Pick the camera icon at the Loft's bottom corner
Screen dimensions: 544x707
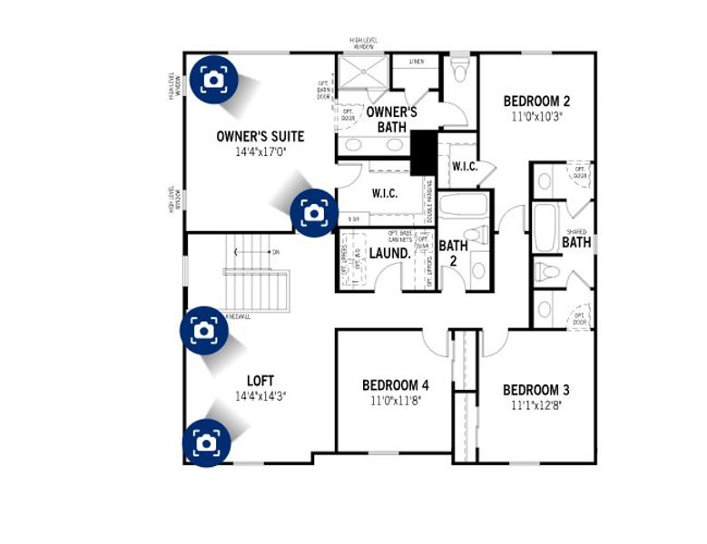click(207, 442)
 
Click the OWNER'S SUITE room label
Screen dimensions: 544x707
click(260, 137)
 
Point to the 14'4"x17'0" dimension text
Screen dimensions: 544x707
click(260, 153)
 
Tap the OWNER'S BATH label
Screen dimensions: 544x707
click(391, 120)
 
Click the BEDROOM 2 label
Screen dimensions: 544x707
click(536, 101)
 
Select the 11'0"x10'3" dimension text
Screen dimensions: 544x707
click(536, 116)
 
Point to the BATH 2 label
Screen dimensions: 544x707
click(453, 253)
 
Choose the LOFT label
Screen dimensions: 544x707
click(260, 381)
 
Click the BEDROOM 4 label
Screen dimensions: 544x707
click(396, 384)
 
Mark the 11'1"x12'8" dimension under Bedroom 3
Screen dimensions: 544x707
click(536, 406)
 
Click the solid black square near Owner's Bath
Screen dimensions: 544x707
click(423, 152)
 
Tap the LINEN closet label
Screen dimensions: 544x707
click(417, 62)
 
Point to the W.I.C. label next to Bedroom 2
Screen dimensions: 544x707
click(464, 167)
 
